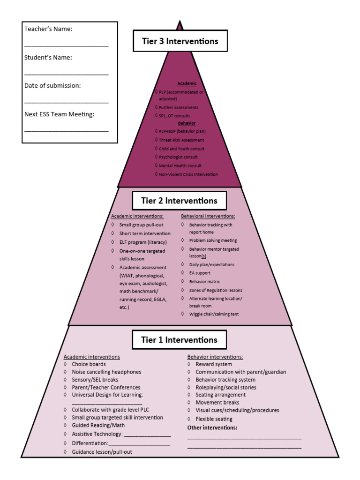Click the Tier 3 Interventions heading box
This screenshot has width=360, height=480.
point(180,41)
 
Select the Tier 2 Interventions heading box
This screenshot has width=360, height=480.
point(179,201)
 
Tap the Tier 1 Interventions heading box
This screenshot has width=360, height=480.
point(179,340)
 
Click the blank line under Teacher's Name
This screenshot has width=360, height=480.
point(66,45)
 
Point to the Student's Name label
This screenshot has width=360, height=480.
point(48,58)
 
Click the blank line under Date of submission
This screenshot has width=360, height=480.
point(66,102)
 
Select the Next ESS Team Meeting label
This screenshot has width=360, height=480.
point(59,114)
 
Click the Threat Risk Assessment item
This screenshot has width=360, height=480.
point(181,140)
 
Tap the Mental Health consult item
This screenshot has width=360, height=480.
point(180,166)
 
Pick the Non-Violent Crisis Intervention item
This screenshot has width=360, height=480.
point(188,174)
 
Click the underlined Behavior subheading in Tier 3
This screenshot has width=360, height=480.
point(187,123)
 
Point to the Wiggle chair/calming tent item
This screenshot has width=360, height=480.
point(214,314)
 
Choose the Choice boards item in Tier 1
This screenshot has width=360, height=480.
point(89,364)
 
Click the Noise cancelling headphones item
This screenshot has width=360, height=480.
point(106,372)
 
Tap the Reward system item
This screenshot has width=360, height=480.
point(214,364)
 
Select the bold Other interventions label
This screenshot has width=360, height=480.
point(212,428)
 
